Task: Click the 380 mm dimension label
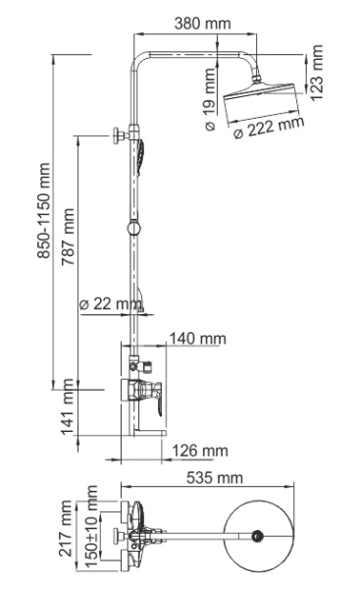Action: tap(202, 21)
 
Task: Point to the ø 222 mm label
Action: tap(270, 129)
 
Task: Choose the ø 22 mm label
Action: tap(110, 304)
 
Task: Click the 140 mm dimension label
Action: tap(196, 339)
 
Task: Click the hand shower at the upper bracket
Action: tap(145, 153)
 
